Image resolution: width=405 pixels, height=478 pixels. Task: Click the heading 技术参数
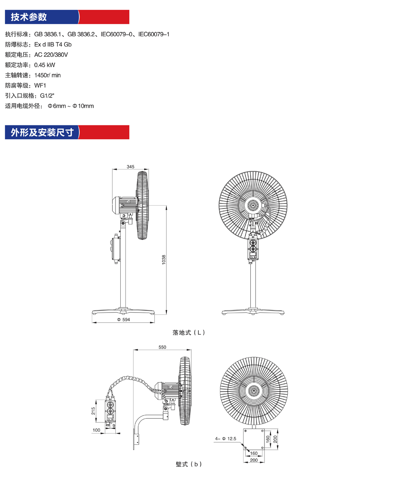pos(29,17)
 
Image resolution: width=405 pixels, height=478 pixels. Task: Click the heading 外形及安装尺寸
pos(42,132)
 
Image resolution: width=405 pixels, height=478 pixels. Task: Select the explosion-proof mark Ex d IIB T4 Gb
pos(53,45)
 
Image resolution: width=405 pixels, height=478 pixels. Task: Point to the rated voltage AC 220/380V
pos(51,55)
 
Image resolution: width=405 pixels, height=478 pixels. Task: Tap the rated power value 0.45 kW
pos(45,65)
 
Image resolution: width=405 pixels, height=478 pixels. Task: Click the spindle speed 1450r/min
pos(47,75)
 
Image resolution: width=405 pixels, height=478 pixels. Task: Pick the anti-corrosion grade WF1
pos(40,85)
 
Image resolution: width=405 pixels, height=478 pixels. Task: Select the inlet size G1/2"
pos(47,96)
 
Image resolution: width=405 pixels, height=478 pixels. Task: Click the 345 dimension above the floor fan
pos(130,167)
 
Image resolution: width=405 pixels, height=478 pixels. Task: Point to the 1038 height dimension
pos(164,260)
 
